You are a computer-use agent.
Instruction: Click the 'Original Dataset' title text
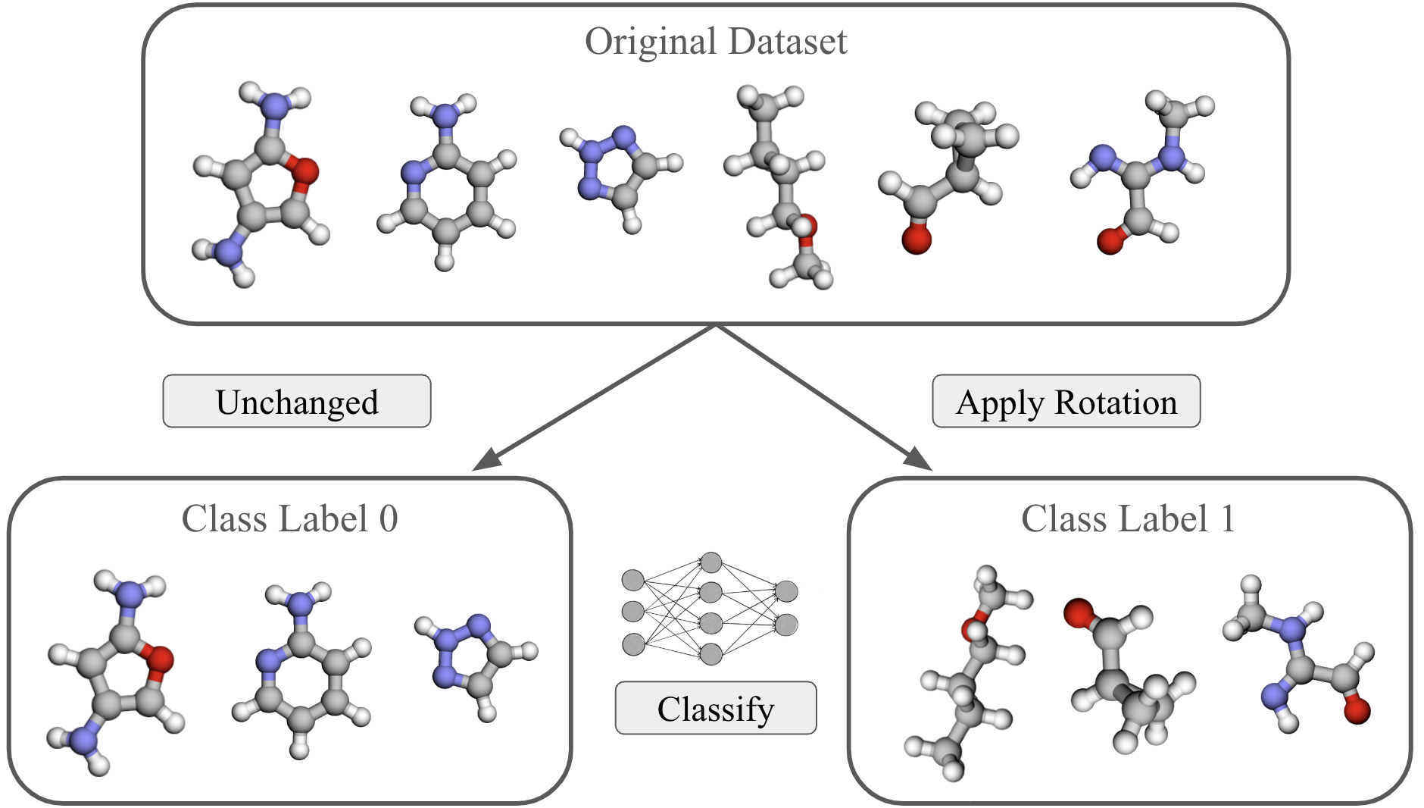(715, 42)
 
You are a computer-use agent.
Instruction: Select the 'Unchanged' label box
(297, 402)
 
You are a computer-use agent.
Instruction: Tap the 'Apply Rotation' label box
(1066, 402)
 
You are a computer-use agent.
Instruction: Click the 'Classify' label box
(715, 709)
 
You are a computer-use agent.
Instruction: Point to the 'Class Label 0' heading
(289, 519)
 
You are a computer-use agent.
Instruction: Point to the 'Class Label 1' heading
(1128, 519)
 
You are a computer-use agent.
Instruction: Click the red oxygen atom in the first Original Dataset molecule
(305, 171)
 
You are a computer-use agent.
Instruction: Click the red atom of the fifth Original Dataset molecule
(917, 240)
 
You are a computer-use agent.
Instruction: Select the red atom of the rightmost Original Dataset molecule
(1110, 242)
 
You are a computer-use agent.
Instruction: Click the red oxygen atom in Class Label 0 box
(160, 659)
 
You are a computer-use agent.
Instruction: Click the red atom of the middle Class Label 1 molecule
(1078, 613)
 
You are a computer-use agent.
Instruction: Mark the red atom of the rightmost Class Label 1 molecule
(1357, 711)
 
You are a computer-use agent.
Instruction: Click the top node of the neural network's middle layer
(710, 562)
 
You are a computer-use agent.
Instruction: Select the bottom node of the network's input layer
(633, 644)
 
